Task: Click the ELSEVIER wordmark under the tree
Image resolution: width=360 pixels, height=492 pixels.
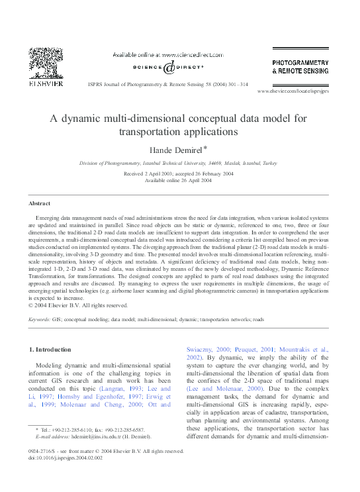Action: pos(47,84)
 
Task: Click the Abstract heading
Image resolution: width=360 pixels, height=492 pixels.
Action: pos(40,203)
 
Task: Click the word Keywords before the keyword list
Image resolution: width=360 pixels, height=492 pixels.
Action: pos(39,319)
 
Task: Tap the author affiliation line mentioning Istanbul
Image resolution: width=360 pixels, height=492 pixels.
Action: pos(178,162)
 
